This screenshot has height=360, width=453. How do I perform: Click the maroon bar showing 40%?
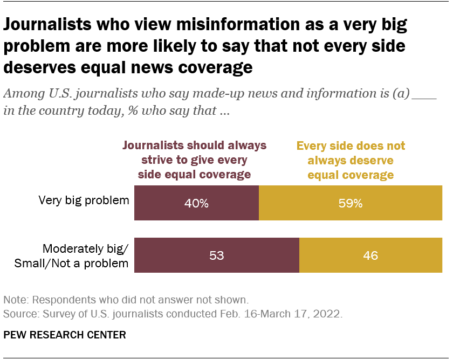(x=162, y=203)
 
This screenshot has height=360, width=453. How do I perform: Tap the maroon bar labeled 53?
(x=173, y=255)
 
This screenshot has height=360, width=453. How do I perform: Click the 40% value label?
(x=196, y=203)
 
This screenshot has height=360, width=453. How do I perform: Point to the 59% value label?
(x=351, y=203)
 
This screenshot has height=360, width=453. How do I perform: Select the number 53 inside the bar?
(x=216, y=255)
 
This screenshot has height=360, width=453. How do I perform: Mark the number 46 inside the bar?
(x=370, y=255)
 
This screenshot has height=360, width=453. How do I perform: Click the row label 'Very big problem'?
(x=84, y=200)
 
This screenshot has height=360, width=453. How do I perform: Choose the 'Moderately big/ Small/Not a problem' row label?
(x=85, y=256)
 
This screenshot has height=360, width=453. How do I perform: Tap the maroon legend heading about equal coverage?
(x=195, y=160)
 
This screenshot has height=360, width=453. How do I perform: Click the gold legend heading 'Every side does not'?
(x=351, y=146)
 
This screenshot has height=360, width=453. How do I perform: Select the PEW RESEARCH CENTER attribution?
(x=65, y=335)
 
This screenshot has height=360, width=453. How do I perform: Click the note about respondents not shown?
(x=126, y=300)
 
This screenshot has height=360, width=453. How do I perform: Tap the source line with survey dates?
(x=173, y=313)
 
